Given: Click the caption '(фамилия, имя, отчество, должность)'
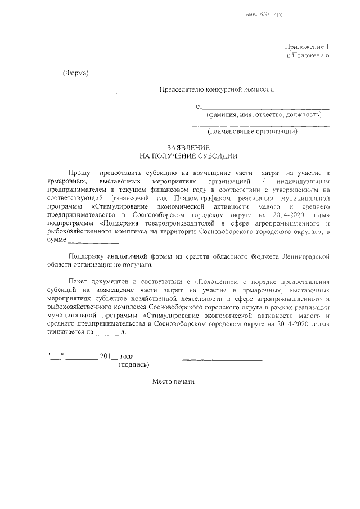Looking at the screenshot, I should (x=263, y=115).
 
